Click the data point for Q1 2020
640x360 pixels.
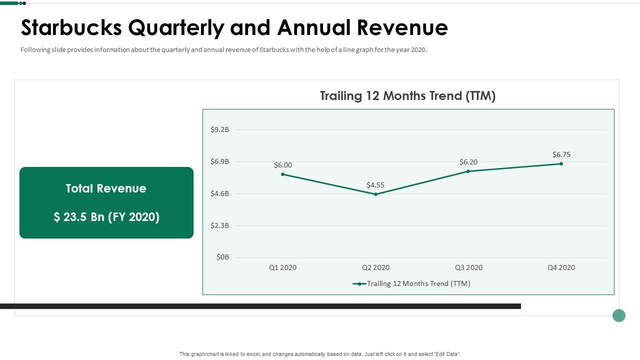pyautogui.click(x=283, y=174)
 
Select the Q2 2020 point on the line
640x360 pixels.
pyautogui.click(x=375, y=194)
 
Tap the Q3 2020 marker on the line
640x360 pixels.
pyautogui.click(x=468, y=171)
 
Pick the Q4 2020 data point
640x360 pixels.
pyautogui.click(x=561, y=164)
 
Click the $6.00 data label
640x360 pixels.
pyautogui.click(x=283, y=165)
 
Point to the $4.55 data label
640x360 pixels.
pyautogui.click(x=375, y=185)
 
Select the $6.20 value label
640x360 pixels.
pyautogui.click(x=468, y=162)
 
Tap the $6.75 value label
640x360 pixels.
pyautogui.click(x=561, y=154)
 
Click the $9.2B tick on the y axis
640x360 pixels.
pyautogui.click(x=219, y=129)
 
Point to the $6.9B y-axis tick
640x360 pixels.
pyautogui.click(x=219, y=161)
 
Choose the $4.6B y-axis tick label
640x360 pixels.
pyautogui.click(x=219, y=193)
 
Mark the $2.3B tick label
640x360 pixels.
pyautogui.click(x=219, y=225)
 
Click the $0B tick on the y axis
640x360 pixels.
pyautogui.click(x=222, y=257)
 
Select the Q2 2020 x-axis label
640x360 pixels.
pyautogui.click(x=375, y=267)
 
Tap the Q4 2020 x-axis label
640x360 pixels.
pyautogui.click(x=561, y=267)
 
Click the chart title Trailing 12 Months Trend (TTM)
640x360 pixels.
pyautogui.click(x=407, y=96)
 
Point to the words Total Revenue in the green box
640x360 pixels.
pyautogui.click(x=106, y=188)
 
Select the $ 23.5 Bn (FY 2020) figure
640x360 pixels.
pyautogui.click(x=106, y=217)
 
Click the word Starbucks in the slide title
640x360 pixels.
pyautogui.click(x=71, y=28)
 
